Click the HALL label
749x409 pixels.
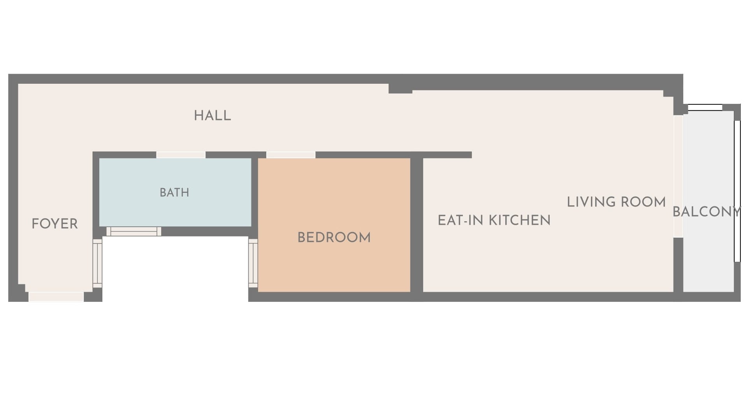[212, 115]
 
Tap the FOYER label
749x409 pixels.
[55, 224]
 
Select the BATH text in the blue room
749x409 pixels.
[174, 192]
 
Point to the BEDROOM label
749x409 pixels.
[334, 237]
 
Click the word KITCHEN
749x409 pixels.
[520, 220]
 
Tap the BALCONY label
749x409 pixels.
[707, 212]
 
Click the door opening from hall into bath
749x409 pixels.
[181, 155]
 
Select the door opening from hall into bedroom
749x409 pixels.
[291, 155]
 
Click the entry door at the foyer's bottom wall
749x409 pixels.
[56, 297]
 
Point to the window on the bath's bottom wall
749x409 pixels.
[134, 231]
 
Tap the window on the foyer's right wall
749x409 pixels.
[97, 263]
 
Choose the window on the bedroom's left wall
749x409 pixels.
[253, 263]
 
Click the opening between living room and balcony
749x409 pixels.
[679, 176]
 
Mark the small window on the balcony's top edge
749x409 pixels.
[705, 108]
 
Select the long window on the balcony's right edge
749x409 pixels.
[737, 191]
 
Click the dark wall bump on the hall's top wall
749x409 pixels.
[400, 88]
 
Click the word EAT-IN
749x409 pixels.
[461, 220]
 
